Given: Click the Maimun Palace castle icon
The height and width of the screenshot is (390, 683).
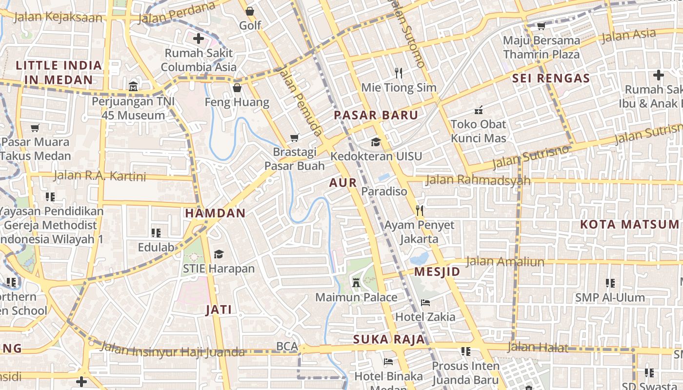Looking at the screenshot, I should (x=356, y=282).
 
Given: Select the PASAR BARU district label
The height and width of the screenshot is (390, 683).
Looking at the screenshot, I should (x=376, y=116).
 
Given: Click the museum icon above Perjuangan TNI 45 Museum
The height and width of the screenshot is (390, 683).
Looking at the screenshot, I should (x=133, y=87).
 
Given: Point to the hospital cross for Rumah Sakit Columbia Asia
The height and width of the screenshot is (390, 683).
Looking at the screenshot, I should (x=199, y=39).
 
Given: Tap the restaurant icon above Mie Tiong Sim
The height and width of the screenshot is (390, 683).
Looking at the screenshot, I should (x=399, y=73).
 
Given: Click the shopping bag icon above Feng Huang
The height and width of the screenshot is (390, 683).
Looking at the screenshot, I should (x=237, y=88).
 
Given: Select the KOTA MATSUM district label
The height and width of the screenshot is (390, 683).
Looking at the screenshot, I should (x=629, y=224).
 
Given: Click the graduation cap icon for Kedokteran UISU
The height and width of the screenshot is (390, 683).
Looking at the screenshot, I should (x=376, y=142).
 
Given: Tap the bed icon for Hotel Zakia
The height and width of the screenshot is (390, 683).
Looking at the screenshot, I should (x=425, y=302).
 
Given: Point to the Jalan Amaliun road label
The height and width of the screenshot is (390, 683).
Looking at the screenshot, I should (x=504, y=262).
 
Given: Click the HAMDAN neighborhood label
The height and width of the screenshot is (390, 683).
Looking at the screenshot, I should (x=215, y=213).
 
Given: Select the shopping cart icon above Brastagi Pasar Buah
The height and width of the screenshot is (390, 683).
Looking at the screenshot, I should (x=294, y=137).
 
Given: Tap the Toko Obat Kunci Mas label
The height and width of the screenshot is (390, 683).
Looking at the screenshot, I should (x=479, y=131).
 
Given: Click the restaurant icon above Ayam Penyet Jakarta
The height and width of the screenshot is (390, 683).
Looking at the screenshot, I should (x=419, y=211).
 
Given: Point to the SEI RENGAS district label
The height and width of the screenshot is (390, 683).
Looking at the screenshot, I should (x=551, y=78).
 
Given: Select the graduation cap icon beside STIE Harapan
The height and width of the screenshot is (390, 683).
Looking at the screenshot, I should (x=219, y=254).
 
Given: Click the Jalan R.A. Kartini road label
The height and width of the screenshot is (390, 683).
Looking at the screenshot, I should (x=100, y=175).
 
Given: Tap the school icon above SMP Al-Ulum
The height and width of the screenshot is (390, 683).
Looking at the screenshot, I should (x=610, y=283).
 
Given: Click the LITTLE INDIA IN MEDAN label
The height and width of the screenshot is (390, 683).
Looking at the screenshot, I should (x=59, y=73).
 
